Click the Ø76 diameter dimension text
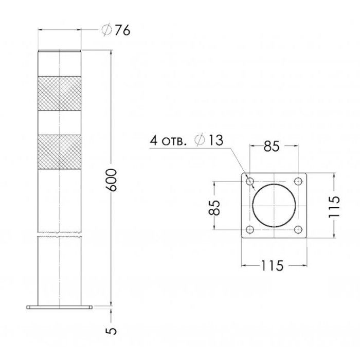116,30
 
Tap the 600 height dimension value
112,180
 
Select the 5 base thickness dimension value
112,331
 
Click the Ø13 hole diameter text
209,140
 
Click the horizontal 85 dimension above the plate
272,146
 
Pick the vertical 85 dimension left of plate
214,208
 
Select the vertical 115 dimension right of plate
334,206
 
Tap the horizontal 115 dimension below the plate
272,266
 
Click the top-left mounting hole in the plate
250,182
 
